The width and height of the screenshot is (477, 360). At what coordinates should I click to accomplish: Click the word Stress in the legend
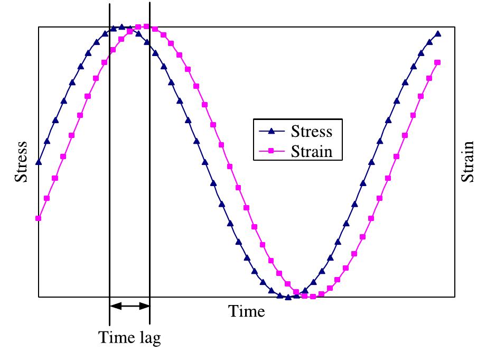(x=311, y=131)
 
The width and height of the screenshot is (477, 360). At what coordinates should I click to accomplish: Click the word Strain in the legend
(x=311, y=151)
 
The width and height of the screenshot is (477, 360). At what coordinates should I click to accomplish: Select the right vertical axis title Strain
(x=467, y=162)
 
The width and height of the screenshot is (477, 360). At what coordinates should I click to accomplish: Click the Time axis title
(x=247, y=311)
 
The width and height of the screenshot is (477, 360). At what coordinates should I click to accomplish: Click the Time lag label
(x=129, y=337)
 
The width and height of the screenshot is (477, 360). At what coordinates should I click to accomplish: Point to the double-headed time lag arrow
(x=129, y=305)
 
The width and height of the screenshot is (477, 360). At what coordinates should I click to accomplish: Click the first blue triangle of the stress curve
(x=38, y=162)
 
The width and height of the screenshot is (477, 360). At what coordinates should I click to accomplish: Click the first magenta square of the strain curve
(x=38, y=218)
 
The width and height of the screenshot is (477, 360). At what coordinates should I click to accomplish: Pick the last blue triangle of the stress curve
(x=438, y=34)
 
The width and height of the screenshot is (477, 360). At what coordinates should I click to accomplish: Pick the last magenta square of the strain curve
(x=438, y=62)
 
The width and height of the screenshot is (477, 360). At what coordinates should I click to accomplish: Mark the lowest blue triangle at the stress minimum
(x=288, y=297)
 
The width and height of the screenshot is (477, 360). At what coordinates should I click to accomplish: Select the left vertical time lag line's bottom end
(x=109, y=324)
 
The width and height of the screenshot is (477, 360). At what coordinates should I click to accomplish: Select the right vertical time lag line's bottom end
(x=149, y=324)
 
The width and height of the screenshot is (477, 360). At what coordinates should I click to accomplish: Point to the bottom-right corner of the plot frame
(x=455, y=297)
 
